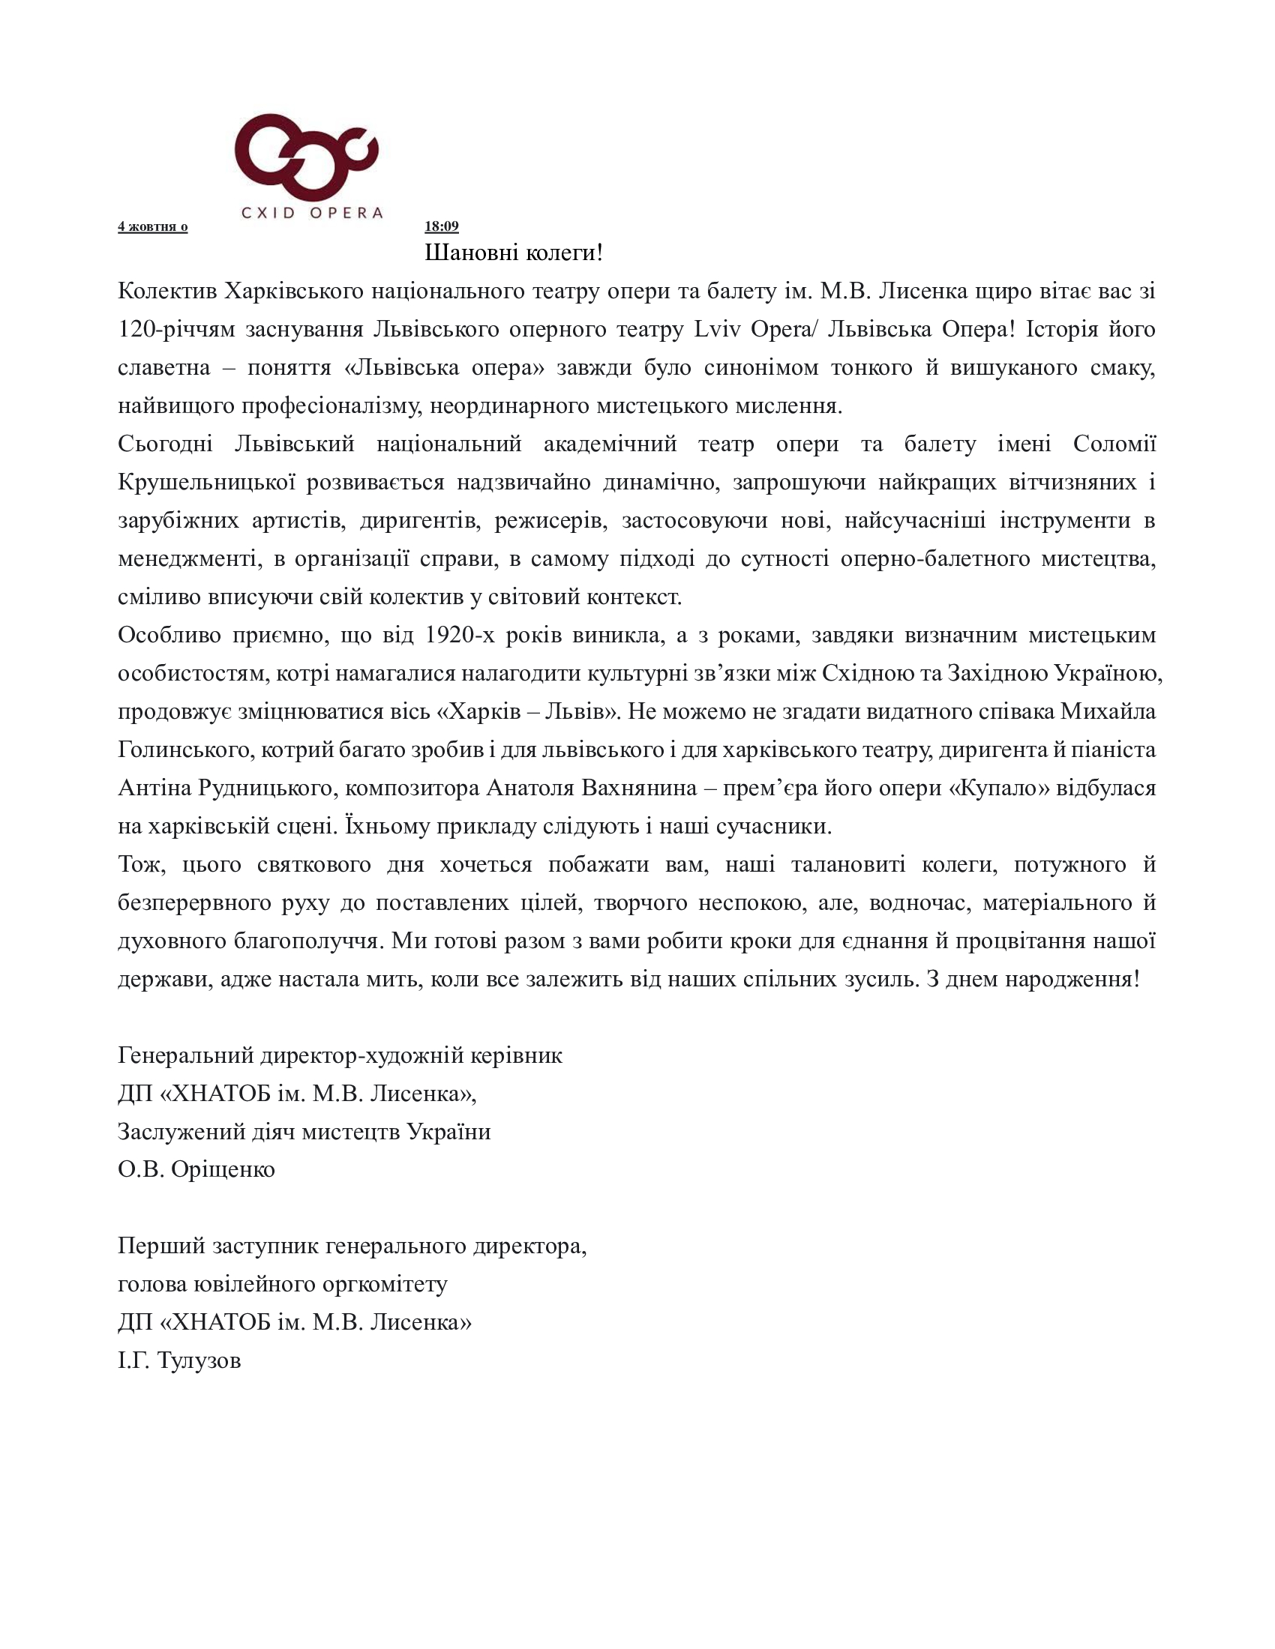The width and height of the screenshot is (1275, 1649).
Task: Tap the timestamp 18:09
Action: [441, 226]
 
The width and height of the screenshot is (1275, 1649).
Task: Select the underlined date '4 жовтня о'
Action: [152, 227]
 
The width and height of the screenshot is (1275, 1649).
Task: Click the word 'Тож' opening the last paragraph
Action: [139, 864]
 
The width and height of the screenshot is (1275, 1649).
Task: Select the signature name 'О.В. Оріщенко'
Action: [196, 1169]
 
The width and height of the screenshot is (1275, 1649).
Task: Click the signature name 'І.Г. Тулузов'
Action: [180, 1360]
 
